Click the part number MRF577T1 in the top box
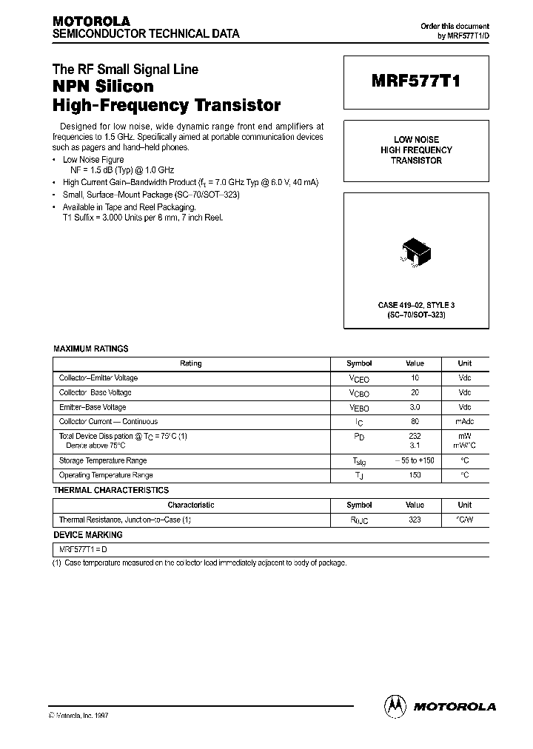tap(415, 83)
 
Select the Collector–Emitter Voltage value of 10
tap(415, 377)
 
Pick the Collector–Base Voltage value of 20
tap(415, 392)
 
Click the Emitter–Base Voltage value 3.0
tap(415, 407)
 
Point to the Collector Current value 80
tap(415, 422)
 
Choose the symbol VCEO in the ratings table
tap(359, 378)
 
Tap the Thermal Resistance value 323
tap(415, 520)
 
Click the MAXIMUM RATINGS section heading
tap(91, 349)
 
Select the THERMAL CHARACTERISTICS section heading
tap(111, 490)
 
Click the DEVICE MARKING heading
tap(88, 534)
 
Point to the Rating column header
tap(191, 363)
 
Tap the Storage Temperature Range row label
tap(103, 460)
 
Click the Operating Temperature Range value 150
tap(415, 475)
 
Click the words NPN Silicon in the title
tap(103, 87)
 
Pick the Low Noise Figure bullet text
tap(93, 160)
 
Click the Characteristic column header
tap(191, 505)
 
